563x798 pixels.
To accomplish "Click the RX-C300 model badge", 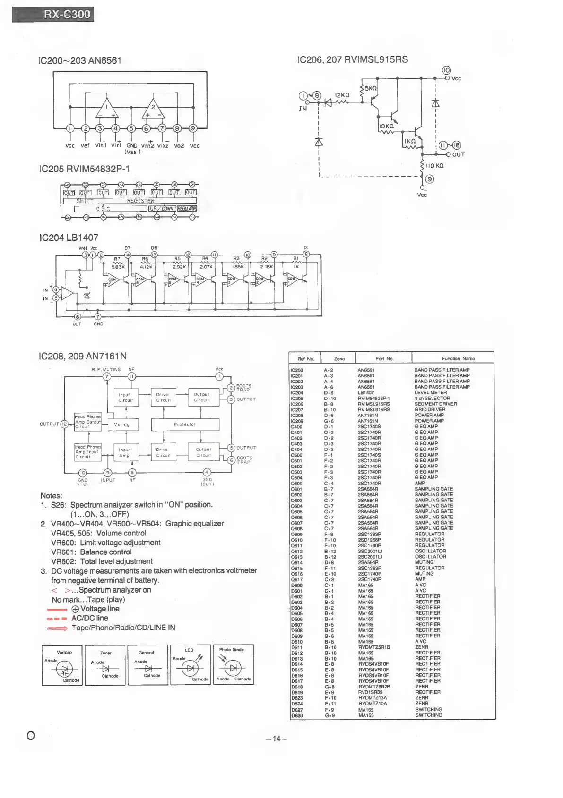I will point(53,14).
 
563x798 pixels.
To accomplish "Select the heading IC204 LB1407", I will point(69,238).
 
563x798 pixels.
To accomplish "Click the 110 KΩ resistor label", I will point(434,166).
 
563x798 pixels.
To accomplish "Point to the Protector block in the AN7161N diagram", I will point(185,424).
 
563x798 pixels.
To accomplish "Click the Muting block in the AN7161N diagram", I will point(121,424).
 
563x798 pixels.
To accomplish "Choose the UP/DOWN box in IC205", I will point(162,209).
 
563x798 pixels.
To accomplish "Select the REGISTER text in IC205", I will point(140,201).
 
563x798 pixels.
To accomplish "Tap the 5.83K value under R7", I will point(118,267).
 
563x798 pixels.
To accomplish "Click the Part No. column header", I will point(384,359).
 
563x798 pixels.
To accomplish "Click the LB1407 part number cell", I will point(366,393).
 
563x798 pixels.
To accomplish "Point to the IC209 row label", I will point(297,421).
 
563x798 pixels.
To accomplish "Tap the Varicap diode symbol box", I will point(62,665).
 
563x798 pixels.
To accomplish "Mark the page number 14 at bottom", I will point(277,739).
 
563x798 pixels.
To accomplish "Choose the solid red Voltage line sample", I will point(57,609).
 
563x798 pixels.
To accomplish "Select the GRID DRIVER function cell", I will point(430,410).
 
